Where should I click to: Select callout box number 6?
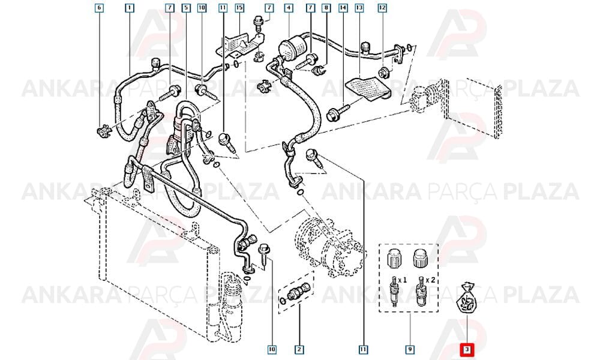tap(99, 8)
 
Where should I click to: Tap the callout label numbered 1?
tap(130, 8)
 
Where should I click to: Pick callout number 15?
tap(239, 8)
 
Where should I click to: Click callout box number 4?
tap(289, 8)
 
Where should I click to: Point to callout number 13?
tap(359, 8)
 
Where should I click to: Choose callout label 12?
tap(382, 8)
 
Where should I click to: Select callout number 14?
tap(343, 8)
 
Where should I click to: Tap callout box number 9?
tap(409, 349)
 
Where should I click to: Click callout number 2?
tap(299, 349)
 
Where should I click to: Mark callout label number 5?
tap(186, 8)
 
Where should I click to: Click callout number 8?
tap(326, 8)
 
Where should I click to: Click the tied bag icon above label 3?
tap(466, 299)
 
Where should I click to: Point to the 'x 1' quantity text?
tap(402, 280)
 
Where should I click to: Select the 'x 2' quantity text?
tap(430, 280)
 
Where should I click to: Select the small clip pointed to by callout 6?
tap(104, 131)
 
